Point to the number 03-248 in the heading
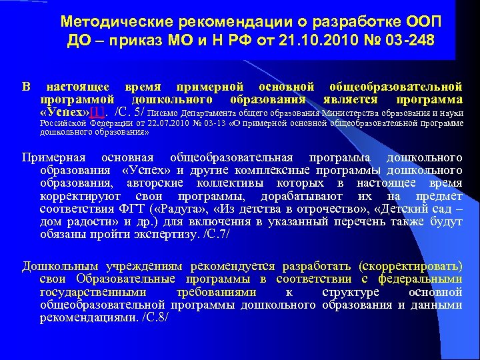[407, 41]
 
